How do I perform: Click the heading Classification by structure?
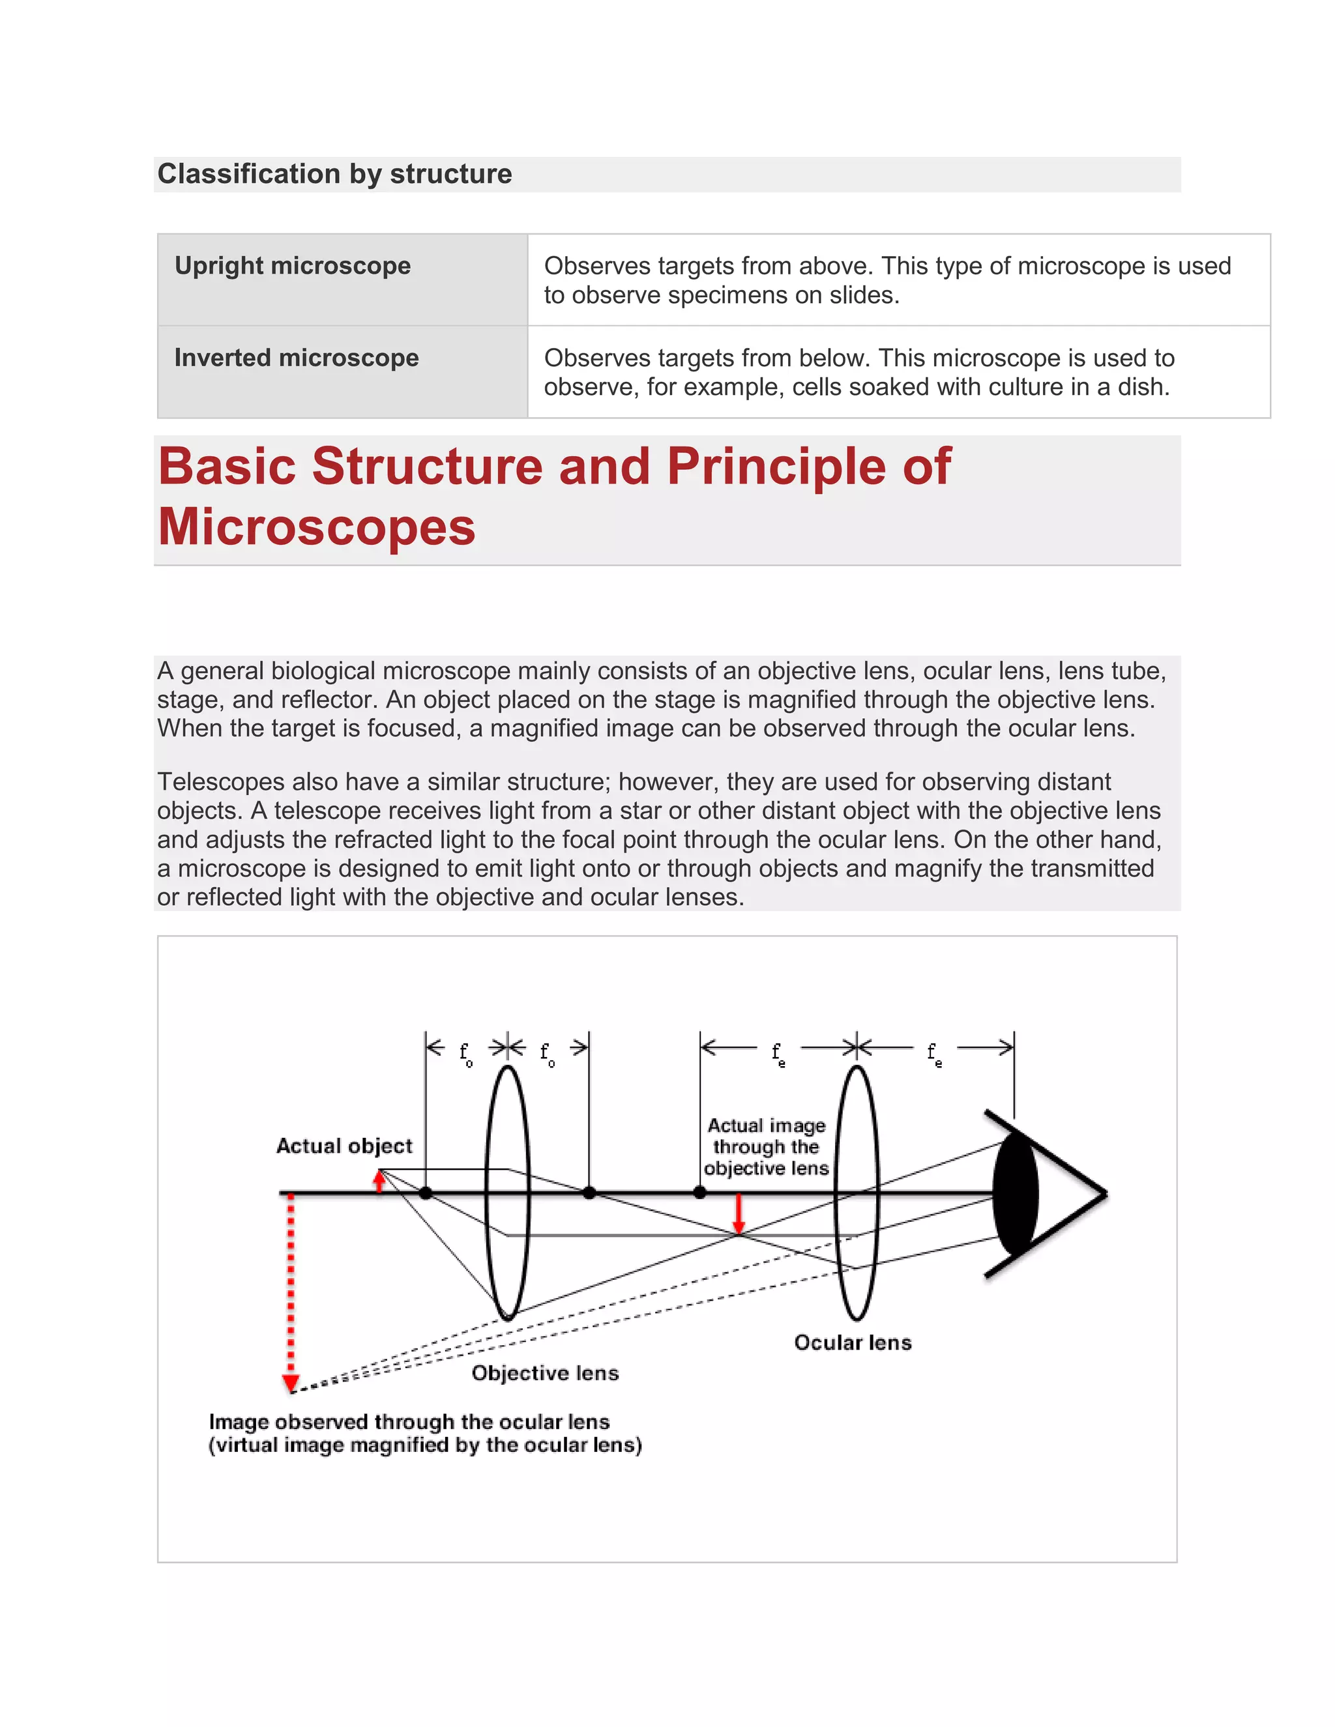[x=334, y=174]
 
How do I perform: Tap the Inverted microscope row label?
[x=297, y=358]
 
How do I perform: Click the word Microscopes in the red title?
[x=316, y=527]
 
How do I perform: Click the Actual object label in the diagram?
[x=344, y=1146]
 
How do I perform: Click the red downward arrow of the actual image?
[x=739, y=1214]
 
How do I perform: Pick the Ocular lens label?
[x=853, y=1342]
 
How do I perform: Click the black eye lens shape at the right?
[x=1015, y=1194]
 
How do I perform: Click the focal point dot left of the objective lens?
[x=426, y=1193]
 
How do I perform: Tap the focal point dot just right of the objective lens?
[x=589, y=1193]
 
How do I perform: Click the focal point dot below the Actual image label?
[x=700, y=1193]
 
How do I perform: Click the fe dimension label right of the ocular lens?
[x=934, y=1054]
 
